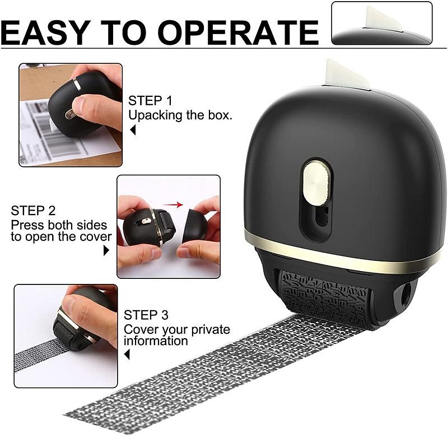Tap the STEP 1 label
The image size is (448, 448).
click(150, 101)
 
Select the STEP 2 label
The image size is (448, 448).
click(33, 211)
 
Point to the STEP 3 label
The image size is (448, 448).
click(146, 315)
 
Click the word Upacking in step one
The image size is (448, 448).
click(153, 115)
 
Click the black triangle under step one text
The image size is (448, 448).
click(133, 130)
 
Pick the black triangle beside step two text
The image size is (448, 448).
click(106, 250)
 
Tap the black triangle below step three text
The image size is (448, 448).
click(127, 354)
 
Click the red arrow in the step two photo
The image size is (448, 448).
click(174, 205)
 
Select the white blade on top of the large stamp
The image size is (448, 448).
click(346, 74)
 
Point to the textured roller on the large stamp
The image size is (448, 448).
click(330, 297)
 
